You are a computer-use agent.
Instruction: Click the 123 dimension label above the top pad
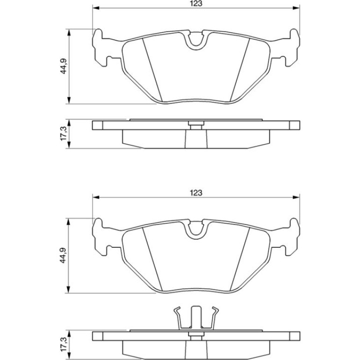point(196,4)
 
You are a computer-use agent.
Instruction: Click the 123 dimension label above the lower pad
point(196,193)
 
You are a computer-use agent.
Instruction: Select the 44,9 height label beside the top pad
point(63,66)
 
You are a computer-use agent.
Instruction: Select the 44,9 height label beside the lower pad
point(63,255)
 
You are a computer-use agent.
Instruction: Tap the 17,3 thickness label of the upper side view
point(63,134)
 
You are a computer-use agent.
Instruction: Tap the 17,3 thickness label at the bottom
point(63,344)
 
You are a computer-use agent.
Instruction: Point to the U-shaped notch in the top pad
point(196,41)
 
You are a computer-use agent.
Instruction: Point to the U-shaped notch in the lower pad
point(196,230)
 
